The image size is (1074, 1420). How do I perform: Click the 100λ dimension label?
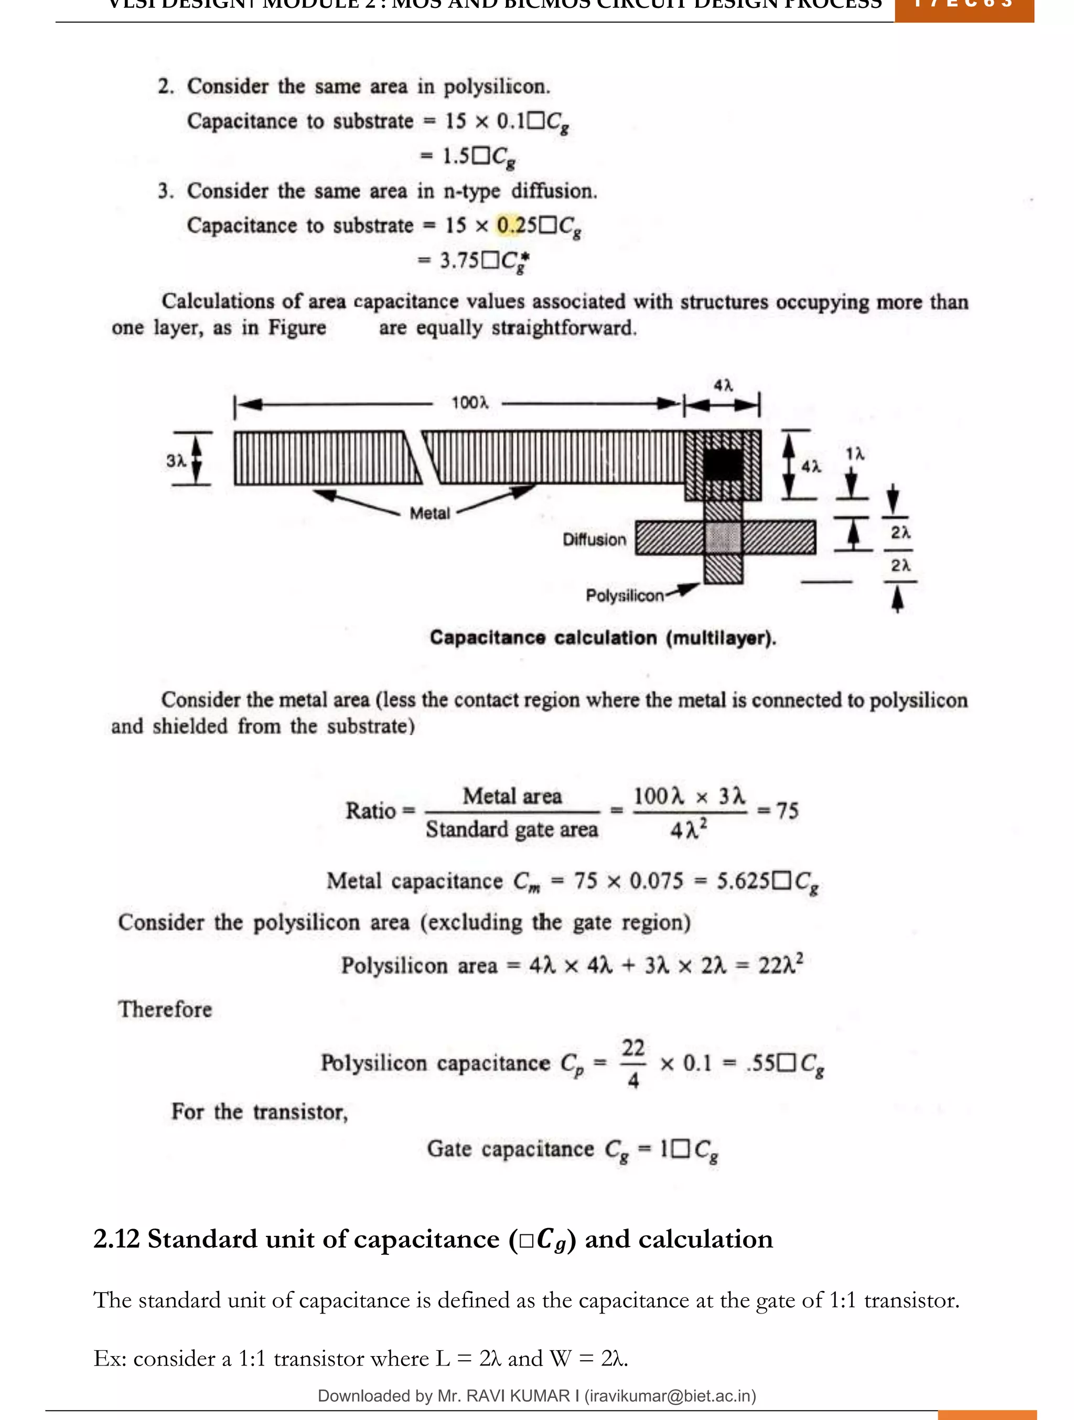(469, 403)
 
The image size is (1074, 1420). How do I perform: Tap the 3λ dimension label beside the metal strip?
(175, 460)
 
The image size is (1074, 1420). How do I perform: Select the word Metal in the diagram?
(429, 513)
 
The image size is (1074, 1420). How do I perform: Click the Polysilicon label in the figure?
(624, 596)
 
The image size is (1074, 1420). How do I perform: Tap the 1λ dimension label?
(854, 454)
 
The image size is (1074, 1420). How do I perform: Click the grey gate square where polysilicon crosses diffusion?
(723, 537)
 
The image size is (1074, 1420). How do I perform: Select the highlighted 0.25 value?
(517, 225)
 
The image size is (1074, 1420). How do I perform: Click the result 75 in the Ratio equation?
(787, 811)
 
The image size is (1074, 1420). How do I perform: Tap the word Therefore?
(165, 1009)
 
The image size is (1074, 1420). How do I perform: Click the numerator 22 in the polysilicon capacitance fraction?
(633, 1048)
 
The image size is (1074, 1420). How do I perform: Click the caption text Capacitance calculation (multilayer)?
(603, 638)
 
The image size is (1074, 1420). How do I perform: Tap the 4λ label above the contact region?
(723, 385)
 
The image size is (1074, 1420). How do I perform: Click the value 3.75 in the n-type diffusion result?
(459, 261)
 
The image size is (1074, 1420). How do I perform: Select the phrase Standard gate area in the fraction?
(512, 830)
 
